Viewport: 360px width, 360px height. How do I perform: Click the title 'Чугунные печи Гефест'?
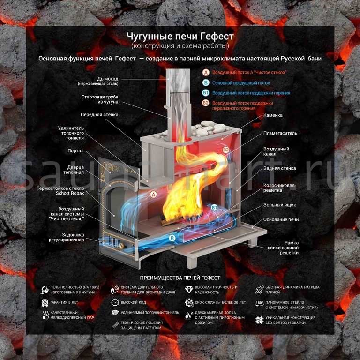pos(180,36)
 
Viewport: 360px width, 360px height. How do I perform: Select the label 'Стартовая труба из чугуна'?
pos(100,99)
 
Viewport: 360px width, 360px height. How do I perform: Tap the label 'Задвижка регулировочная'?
pos(68,237)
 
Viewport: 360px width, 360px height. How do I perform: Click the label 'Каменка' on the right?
pos(273,114)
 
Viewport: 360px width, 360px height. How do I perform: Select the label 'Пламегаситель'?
pos(280,133)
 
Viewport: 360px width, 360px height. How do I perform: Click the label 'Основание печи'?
pos(281,219)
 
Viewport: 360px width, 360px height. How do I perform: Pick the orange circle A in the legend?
pos(205,73)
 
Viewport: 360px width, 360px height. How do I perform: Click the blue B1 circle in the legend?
pos(205,93)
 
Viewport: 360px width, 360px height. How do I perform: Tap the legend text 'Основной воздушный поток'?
pos(241,83)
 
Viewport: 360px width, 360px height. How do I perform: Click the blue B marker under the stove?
pos(172,238)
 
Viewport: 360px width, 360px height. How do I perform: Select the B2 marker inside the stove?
pos(225,150)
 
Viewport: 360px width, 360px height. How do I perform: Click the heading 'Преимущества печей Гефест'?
pos(180,277)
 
